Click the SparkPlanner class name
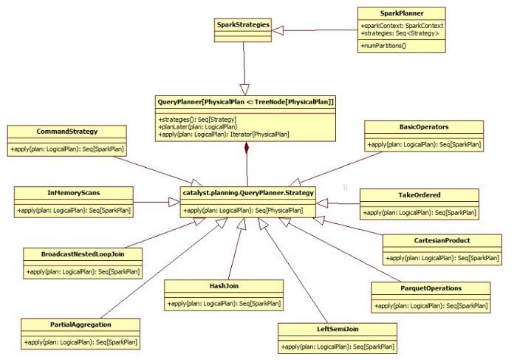coord(402,13)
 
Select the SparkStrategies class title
coord(243,24)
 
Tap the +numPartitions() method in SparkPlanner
coord(383,46)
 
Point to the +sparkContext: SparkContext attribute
coord(402,26)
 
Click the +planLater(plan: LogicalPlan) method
coord(197,127)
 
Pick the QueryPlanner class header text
coord(246,102)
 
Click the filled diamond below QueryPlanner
coord(247,148)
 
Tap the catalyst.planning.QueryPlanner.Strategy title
coord(248,193)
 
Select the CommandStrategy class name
coord(67,132)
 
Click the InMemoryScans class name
coord(74,193)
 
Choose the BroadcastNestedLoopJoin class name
coord(83,254)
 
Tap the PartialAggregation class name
coord(81,325)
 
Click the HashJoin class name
coord(224,286)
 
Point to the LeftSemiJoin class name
coord(338,329)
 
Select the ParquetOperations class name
coord(431,288)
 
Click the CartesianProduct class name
coord(442,240)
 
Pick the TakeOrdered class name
coord(420,194)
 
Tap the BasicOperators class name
coord(424,126)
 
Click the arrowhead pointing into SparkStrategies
coord(277,30)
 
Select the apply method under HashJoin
coord(224,304)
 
